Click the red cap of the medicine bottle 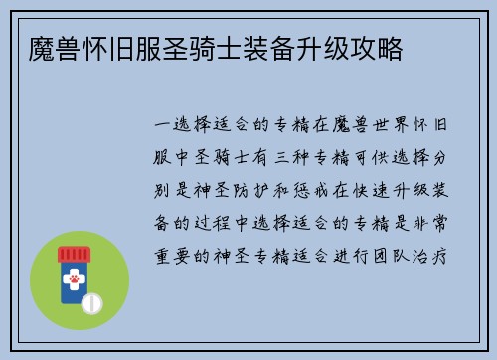[x=74, y=256]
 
